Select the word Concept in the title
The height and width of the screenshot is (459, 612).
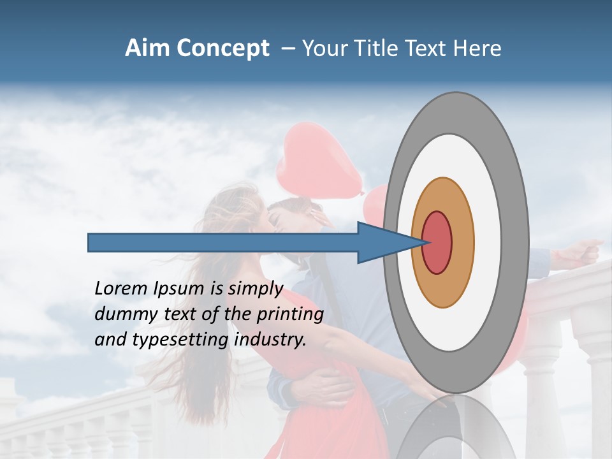click(x=224, y=49)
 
